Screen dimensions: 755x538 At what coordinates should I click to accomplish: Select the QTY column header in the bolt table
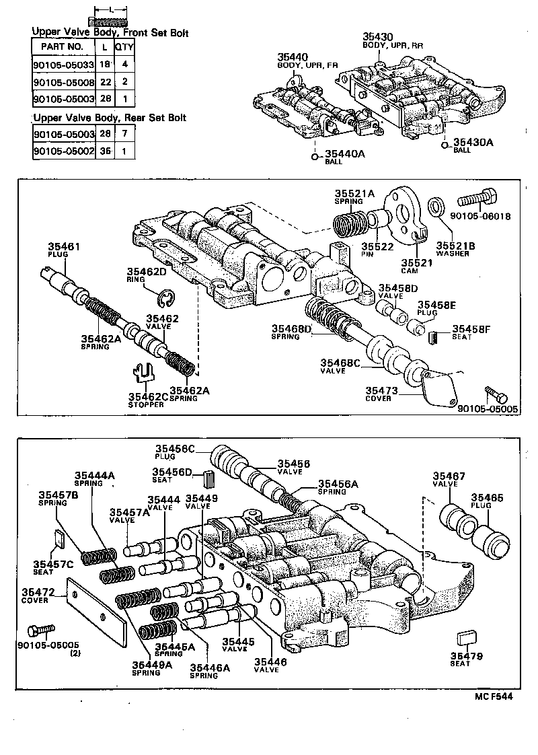(123, 47)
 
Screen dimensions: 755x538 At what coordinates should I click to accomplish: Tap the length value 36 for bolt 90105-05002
(104, 152)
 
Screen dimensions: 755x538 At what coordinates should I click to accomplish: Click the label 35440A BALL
(344, 157)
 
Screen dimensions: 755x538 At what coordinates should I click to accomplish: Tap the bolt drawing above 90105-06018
(478, 200)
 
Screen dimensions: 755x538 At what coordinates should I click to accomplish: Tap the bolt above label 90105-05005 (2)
(40, 631)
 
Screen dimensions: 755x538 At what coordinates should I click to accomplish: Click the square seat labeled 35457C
(59, 537)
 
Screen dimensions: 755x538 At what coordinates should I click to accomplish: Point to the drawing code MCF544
(492, 697)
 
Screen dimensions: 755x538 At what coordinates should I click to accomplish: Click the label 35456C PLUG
(175, 452)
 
